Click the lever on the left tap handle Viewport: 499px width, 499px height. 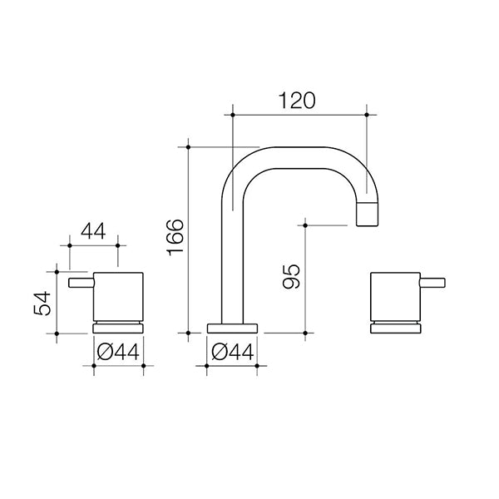81,285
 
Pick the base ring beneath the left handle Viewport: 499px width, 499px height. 120,327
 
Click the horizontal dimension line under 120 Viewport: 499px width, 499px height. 299,114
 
